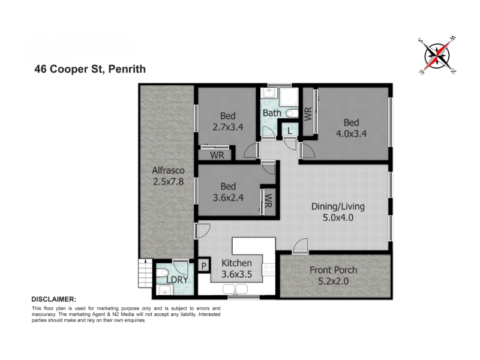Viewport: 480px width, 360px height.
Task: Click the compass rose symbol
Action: coord(437,56)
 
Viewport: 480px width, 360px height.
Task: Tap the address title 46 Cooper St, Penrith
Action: coord(90,69)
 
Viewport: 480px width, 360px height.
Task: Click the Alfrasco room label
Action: coord(168,170)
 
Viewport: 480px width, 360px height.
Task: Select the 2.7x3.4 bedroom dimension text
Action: coord(228,127)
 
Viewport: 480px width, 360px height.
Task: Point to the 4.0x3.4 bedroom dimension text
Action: coord(351,134)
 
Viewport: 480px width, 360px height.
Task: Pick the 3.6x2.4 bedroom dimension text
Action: coord(228,198)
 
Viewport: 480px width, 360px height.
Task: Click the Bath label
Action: coord(272,113)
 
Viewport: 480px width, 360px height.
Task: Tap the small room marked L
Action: coord(290,131)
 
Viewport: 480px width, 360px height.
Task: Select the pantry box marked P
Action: coord(204,265)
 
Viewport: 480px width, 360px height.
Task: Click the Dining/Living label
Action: coord(338,206)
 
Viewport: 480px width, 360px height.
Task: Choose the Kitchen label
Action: coord(236,263)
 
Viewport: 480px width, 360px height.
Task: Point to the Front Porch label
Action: coord(334,270)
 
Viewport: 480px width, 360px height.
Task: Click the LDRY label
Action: coord(177,280)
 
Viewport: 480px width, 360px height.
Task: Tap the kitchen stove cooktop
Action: coord(269,269)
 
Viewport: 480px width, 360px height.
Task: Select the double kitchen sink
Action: coord(235,289)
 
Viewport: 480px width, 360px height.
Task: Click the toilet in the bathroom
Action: coord(292,113)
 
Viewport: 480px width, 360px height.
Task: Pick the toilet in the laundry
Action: coord(162,273)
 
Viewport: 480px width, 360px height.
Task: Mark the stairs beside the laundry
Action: coord(145,273)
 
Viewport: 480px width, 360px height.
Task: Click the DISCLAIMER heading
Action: coord(54,299)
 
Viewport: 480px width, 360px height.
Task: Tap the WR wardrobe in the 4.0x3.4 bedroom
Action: coord(308,113)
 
